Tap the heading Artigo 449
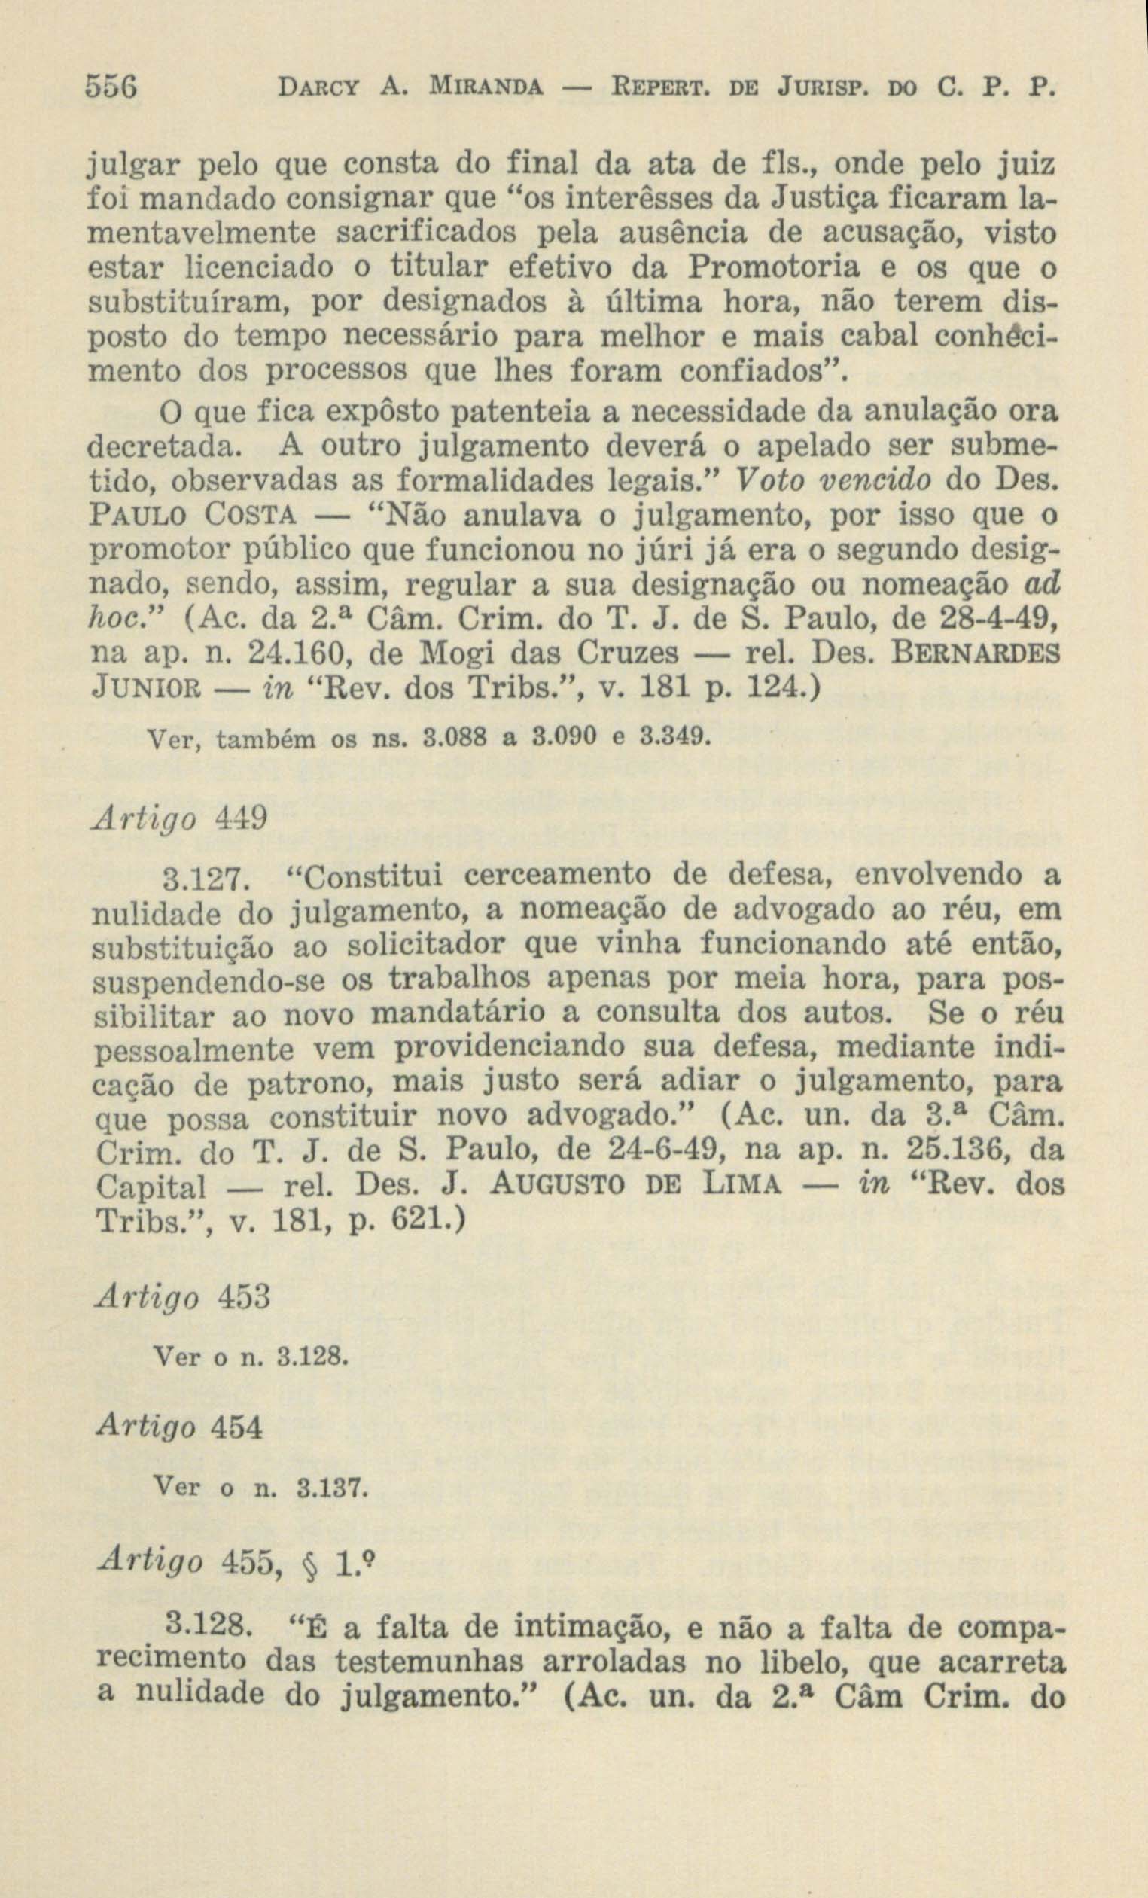click(181, 818)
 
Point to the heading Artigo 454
click(180, 1427)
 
